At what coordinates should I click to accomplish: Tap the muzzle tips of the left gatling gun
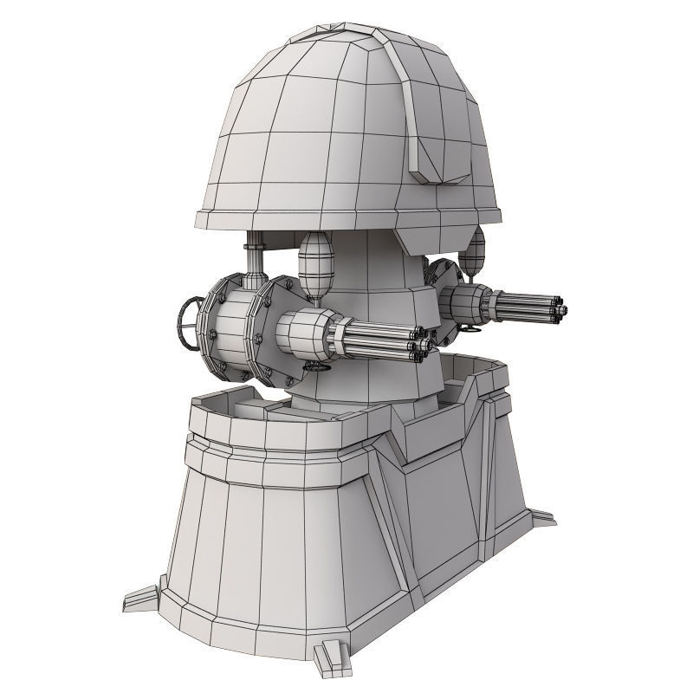coord(419,341)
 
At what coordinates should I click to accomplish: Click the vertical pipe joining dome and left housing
coord(252,256)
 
